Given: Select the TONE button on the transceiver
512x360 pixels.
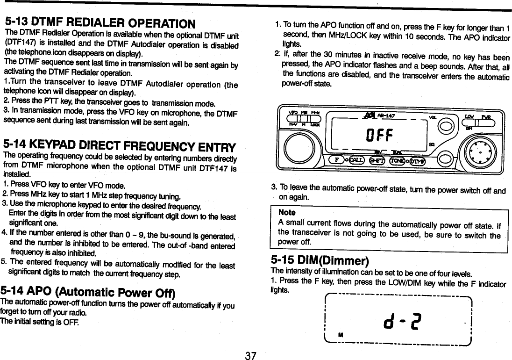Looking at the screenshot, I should coord(398,160).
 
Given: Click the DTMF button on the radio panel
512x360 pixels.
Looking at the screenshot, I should coord(417,161).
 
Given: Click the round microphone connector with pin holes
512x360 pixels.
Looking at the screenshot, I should coord(480,152).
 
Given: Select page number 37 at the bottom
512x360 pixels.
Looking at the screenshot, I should coord(251,356).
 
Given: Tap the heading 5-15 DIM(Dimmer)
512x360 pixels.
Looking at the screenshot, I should coord(320,260).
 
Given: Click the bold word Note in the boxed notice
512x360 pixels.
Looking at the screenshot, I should coord(286,213).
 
